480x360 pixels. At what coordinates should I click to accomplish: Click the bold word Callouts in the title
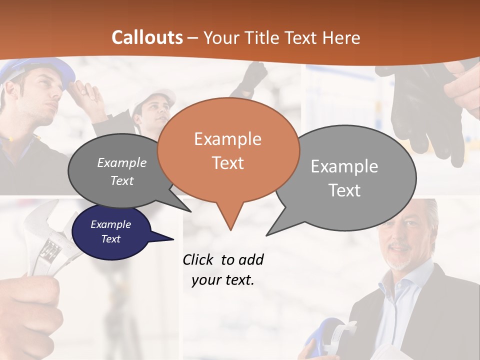tap(147, 37)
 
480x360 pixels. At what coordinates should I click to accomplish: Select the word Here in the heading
tap(341, 37)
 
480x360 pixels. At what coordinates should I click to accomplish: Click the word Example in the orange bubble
tap(227, 139)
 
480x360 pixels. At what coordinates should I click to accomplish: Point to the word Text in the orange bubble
tap(227, 163)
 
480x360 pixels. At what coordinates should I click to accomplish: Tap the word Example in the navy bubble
tap(110, 224)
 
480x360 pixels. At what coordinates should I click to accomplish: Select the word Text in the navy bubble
tap(110, 239)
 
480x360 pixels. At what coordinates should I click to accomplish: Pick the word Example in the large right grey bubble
tap(344, 166)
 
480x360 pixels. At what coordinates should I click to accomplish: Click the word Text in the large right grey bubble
tap(344, 190)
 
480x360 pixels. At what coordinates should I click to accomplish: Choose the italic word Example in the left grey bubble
tap(122, 163)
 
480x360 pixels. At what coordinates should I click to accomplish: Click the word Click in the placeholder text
tap(198, 260)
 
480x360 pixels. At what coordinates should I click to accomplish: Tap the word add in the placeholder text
tap(250, 260)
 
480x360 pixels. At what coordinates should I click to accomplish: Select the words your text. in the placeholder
tap(223, 280)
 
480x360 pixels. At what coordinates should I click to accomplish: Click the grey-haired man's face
tap(402, 240)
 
